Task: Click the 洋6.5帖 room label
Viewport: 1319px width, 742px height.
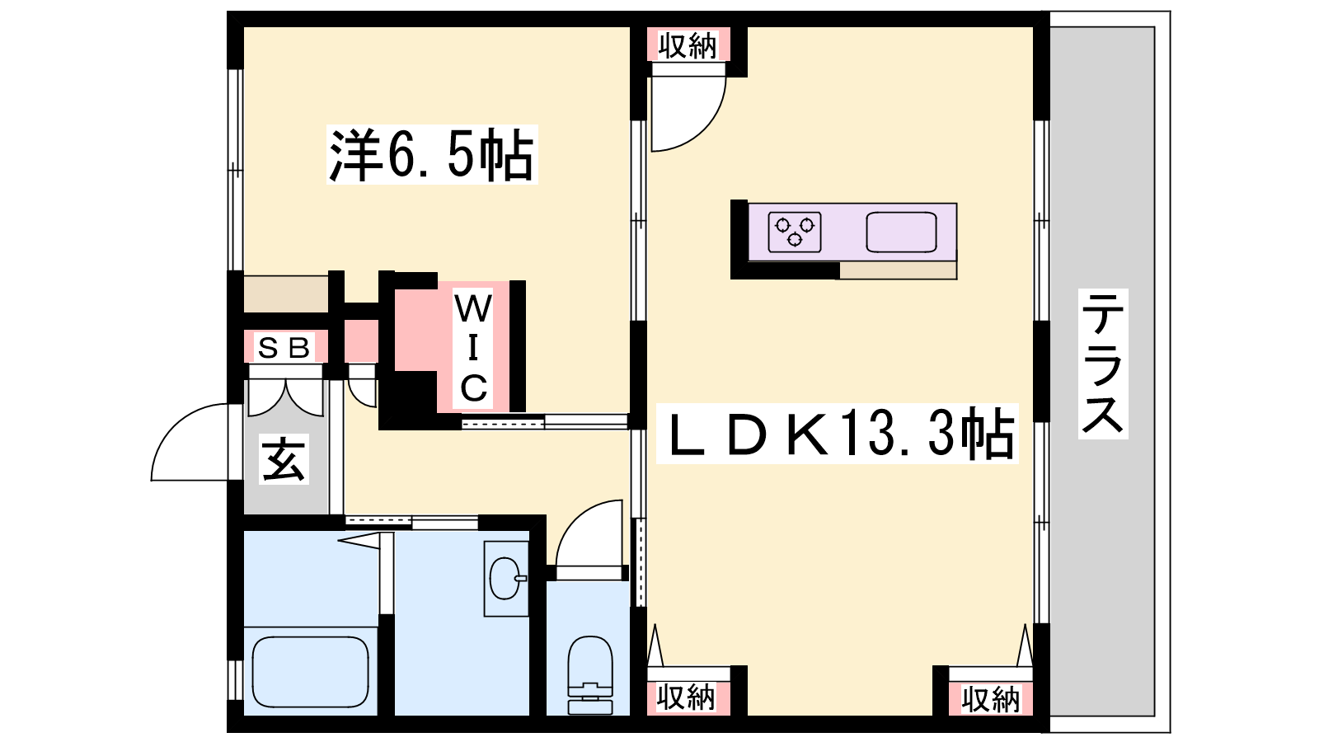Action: point(432,154)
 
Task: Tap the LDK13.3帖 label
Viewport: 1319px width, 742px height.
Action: point(837,433)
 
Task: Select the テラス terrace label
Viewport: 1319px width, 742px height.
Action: point(1103,364)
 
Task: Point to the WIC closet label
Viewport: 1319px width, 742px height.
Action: point(473,347)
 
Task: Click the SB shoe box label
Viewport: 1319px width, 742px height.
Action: point(284,348)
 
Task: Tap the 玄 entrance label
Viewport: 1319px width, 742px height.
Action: point(284,459)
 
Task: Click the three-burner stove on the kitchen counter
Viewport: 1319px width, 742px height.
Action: point(795,232)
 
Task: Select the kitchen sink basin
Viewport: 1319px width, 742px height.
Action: point(901,232)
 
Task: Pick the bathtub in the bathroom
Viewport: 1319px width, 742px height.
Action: point(310,671)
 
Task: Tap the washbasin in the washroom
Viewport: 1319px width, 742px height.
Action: point(506,578)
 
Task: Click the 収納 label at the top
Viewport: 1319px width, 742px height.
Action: point(688,46)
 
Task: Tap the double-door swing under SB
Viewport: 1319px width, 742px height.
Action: point(285,397)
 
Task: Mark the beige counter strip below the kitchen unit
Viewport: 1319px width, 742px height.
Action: point(898,270)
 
